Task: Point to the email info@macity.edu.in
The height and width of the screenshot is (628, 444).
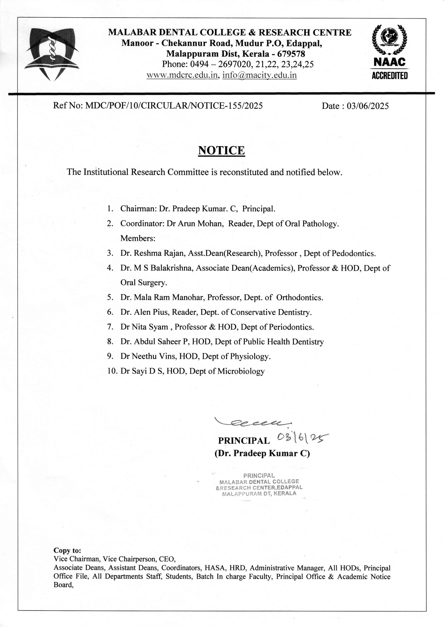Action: coord(259,75)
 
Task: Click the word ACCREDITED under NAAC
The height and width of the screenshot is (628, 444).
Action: coord(390,76)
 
